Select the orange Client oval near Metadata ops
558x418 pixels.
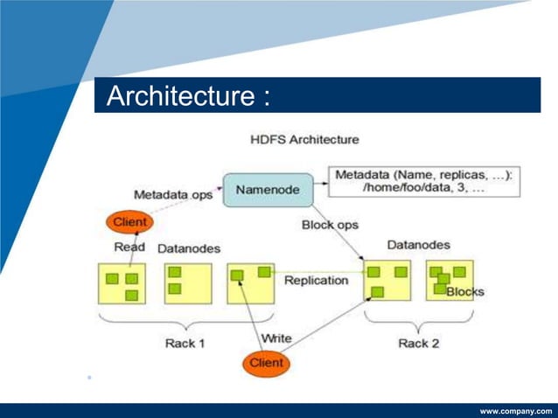[x=128, y=222]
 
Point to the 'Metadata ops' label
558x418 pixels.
[x=173, y=194]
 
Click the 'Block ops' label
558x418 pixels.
[x=330, y=225]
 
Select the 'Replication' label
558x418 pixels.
[x=316, y=281]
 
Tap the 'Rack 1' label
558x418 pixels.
[x=185, y=343]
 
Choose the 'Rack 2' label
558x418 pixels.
[x=418, y=343]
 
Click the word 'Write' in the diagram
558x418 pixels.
[x=276, y=338]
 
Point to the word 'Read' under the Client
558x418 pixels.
[x=129, y=247]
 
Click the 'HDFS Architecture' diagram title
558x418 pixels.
[x=304, y=139]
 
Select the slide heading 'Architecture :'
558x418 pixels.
[x=187, y=96]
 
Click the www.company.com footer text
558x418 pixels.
[x=516, y=410]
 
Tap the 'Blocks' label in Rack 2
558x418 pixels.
[x=464, y=291]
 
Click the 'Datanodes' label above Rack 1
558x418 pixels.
[x=188, y=248]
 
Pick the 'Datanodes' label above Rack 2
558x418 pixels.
[x=418, y=245]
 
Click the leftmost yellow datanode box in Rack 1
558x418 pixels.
[x=122, y=283]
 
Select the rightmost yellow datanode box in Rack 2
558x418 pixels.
[x=450, y=281]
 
